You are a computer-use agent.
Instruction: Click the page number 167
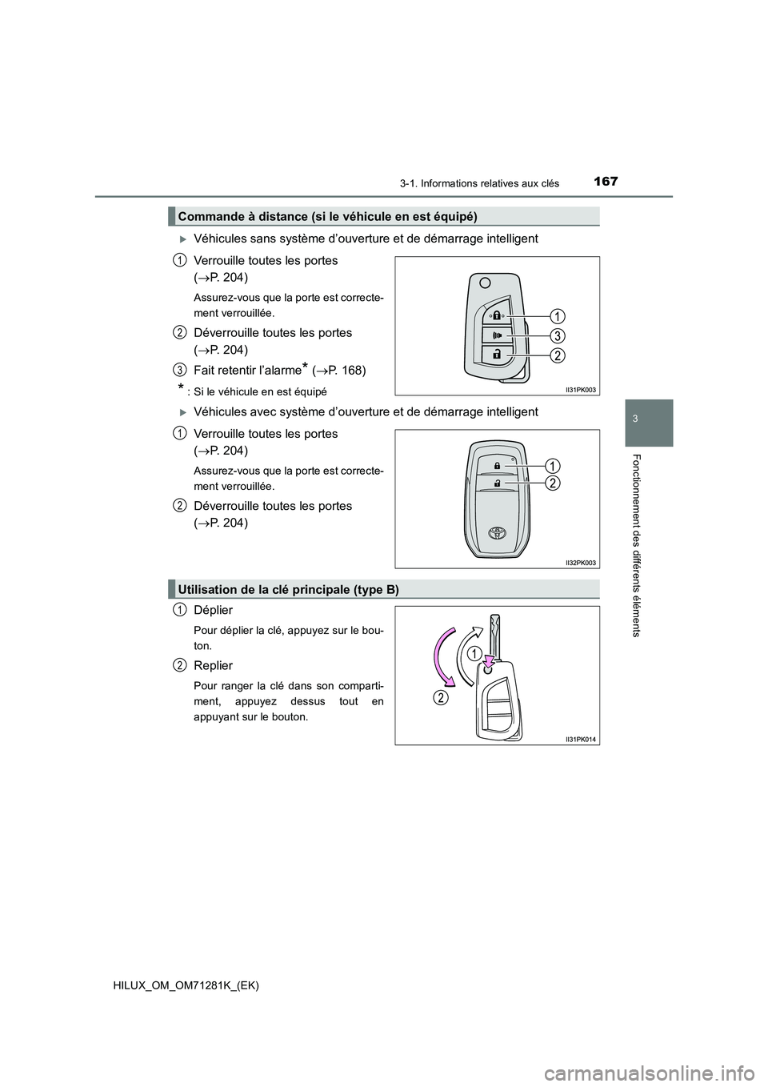[x=606, y=181]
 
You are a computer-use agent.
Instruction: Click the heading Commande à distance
[x=327, y=216]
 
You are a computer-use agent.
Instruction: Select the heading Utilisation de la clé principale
[x=288, y=589]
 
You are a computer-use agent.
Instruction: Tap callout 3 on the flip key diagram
[x=557, y=335]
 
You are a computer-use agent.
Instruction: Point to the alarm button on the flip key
[x=497, y=335]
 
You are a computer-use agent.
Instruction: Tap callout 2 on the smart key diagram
[x=554, y=483]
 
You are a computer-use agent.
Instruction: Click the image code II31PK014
[x=581, y=739]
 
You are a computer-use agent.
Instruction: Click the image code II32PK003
[x=581, y=563]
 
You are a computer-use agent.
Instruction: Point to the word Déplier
[x=213, y=610]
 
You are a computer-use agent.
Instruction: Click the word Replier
[x=213, y=666]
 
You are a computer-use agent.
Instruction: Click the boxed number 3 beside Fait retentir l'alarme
[x=180, y=368]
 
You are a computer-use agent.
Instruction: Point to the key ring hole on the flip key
[x=485, y=283]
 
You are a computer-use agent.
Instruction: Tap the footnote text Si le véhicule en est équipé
[x=260, y=391]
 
